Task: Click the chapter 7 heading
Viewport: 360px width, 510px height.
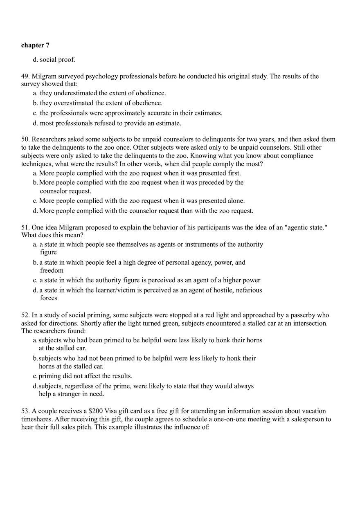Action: [35, 45]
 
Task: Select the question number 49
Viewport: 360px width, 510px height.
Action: [25, 76]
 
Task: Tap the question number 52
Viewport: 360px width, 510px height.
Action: [25, 315]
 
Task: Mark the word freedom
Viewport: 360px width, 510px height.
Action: [52, 270]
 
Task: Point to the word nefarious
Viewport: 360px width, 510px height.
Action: [249, 290]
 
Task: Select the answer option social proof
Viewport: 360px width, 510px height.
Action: [57, 60]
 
